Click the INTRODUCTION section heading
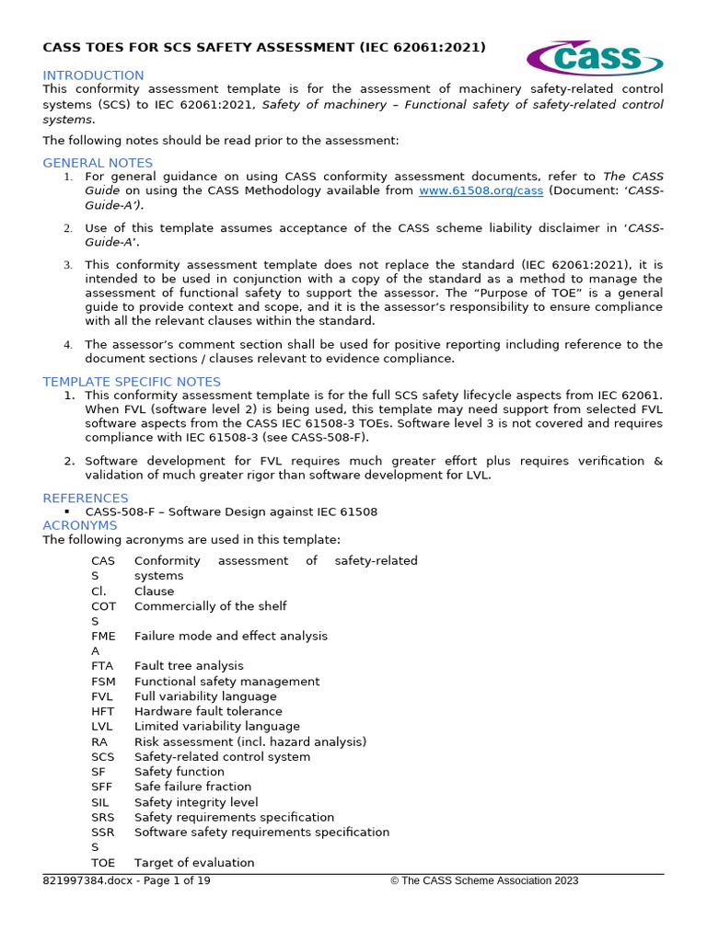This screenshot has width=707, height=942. tap(93, 75)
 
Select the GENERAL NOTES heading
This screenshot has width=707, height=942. tap(98, 163)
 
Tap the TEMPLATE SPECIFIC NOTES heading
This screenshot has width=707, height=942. tap(132, 382)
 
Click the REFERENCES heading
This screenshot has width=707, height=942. tap(86, 498)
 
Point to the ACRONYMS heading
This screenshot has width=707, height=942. tap(80, 525)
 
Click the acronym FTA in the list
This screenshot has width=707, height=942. tap(103, 666)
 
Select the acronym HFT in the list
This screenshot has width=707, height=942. tap(103, 711)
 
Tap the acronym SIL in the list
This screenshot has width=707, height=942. tap(101, 802)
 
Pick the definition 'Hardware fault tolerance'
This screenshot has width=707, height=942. tap(208, 711)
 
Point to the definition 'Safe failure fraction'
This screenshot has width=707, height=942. tap(192, 787)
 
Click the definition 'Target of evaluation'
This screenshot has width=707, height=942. tap(194, 863)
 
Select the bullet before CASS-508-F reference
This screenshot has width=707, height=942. tap(68, 511)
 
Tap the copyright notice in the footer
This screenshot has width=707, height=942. tap(484, 881)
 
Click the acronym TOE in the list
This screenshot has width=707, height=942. tap(103, 863)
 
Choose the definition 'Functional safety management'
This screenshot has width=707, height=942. tap(226, 682)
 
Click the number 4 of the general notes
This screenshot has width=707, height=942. tap(68, 345)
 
